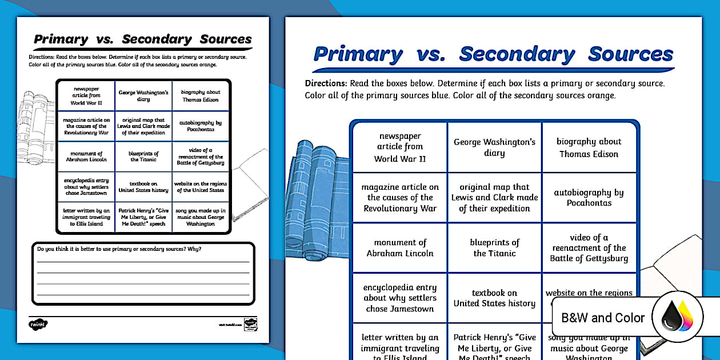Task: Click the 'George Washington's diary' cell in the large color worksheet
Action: click(494, 147)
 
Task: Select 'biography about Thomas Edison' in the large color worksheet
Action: click(589, 147)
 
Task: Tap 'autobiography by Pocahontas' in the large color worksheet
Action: click(589, 198)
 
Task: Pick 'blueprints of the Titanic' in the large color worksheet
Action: click(494, 248)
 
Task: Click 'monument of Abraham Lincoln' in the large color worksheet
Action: click(400, 248)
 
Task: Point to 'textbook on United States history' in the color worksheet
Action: click(494, 298)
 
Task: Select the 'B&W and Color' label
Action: click(603, 318)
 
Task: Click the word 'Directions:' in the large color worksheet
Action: click(326, 83)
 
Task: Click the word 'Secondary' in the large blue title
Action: click(517, 54)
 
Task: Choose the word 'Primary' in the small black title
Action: click(61, 39)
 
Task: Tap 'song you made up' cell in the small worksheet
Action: click(200, 217)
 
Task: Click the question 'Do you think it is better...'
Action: click(119, 249)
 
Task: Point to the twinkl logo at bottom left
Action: click(38, 324)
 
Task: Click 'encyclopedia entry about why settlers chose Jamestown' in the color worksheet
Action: click(400, 298)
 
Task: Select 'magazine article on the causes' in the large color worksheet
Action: click(400, 198)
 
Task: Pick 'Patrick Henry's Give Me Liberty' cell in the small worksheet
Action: click(143, 217)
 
